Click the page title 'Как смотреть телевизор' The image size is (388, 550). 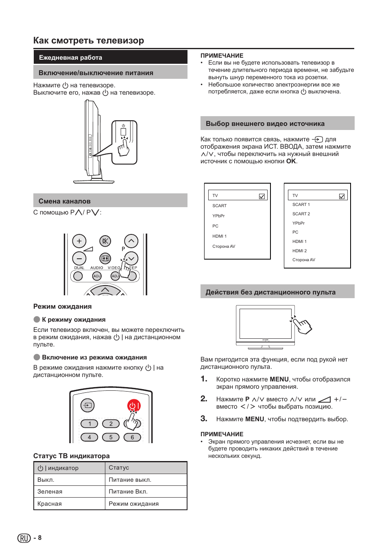pyautogui.click(x=89, y=41)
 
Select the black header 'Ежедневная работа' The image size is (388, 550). pyautogui.click(x=70, y=58)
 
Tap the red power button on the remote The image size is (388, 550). pyautogui.click(x=134, y=405)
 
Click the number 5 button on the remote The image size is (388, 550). pyautogui.click(x=111, y=437)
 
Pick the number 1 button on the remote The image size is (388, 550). pyautogui.click(x=89, y=424)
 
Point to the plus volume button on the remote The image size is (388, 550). pyautogui.click(x=79, y=241)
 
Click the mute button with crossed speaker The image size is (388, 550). pyautogui.click(x=105, y=241)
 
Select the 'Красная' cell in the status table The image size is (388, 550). pyautogui.click(x=50, y=504)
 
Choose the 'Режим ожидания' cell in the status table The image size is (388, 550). pyautogui.click(x=133, y=504)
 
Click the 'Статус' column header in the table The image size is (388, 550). pyautogui.click(x=119, y=468)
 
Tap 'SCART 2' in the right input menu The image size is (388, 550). pyautogui.click(x=301, y=214)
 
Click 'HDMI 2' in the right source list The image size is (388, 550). pyautogui.click(x=299, y=251)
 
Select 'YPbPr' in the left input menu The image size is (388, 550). pyautogui.click(x=218, y=216)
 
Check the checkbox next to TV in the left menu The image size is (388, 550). pyautogui.click(x=262, y=196)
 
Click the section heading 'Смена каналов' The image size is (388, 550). pyautogui.click(x=64, y=201)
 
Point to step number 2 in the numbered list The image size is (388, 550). pyautogui.click(x=204, y=399)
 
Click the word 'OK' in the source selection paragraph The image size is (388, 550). pyautogui.click(x=291, y=161)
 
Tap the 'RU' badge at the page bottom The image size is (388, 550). pyautogui.click(x=24, y=538)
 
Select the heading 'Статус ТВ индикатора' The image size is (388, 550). pyautogui.click(x=71, y=456)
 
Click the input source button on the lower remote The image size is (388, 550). pyautogui.click(x=87, y=405)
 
